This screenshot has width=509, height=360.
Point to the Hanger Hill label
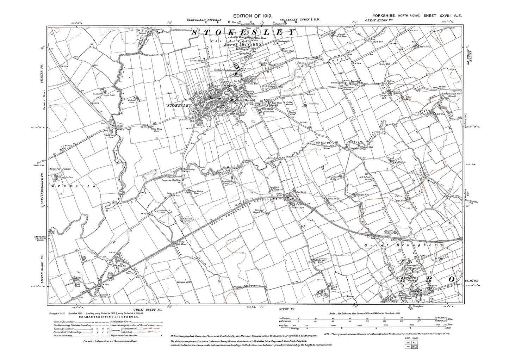[x=183, y=283]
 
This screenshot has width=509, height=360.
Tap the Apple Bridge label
[x=424, y=46]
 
